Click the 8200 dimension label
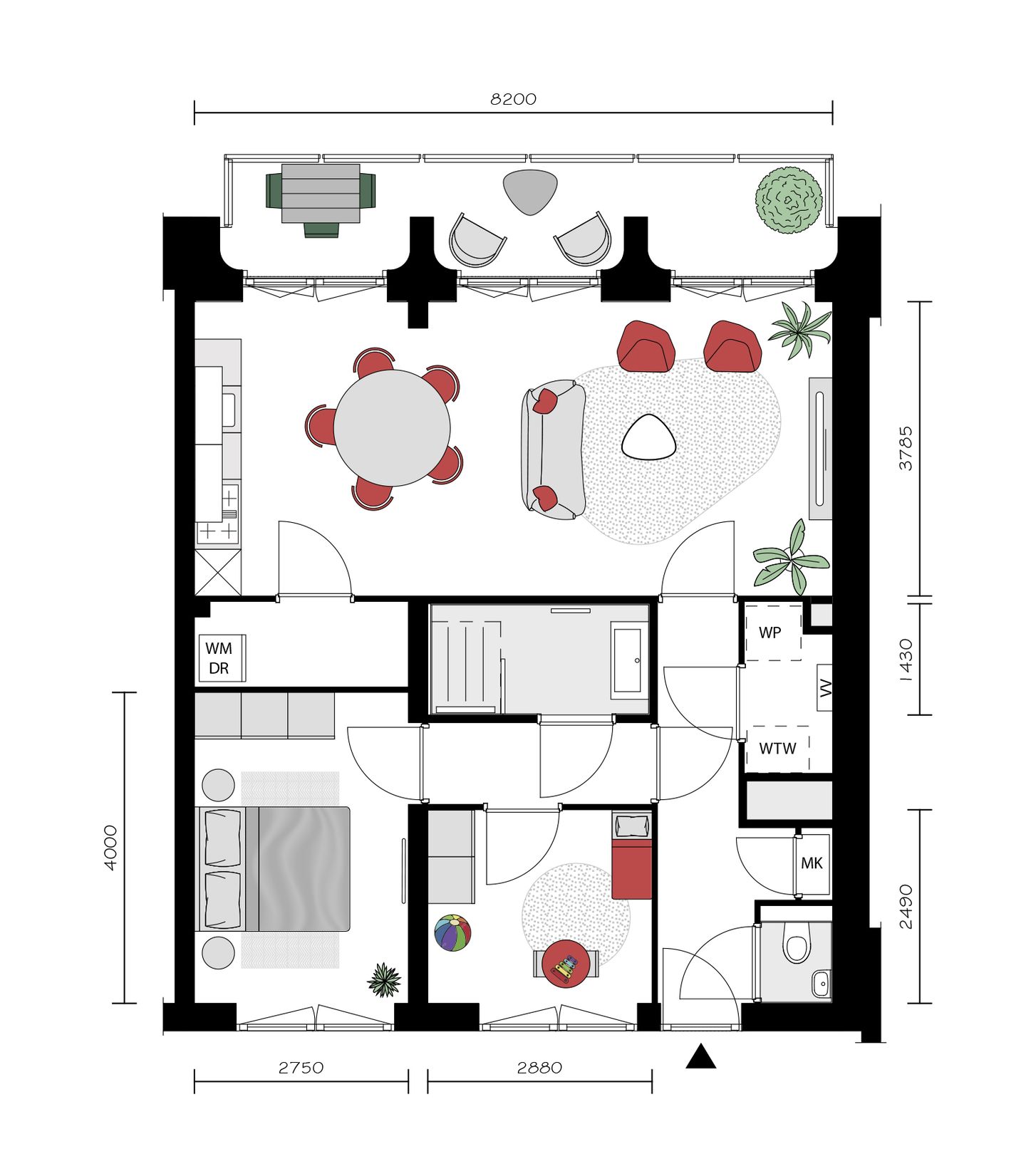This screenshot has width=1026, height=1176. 513,99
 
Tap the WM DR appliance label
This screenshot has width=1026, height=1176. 219,657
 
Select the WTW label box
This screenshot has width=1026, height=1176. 777,749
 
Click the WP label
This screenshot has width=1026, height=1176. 770,633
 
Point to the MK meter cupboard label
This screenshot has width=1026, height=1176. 812,863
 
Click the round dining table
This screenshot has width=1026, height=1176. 392,428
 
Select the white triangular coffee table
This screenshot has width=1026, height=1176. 648,437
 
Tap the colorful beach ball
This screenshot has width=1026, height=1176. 453,933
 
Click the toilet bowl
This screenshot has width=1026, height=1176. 796,948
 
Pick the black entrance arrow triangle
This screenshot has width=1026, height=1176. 700,1057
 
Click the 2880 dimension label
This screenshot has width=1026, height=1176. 539,1068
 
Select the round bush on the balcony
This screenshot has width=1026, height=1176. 789,200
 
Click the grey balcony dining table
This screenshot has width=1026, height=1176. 321,193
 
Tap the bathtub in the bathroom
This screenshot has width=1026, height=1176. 630,660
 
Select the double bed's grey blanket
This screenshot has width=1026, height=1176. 304,869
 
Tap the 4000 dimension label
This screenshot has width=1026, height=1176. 110,848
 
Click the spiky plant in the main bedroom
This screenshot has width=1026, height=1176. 384,980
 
